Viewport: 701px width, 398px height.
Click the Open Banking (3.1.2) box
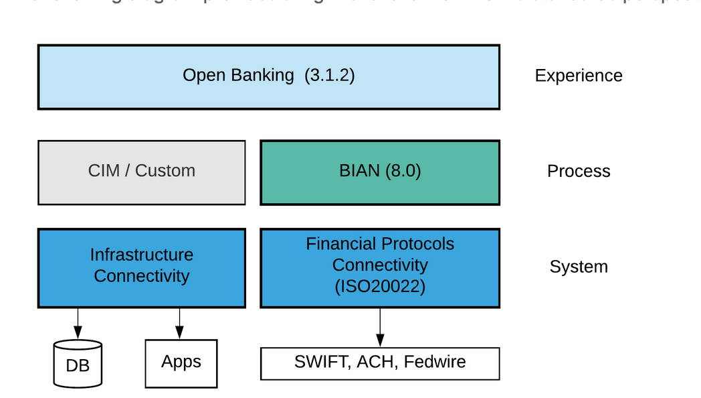(x=268, y=76)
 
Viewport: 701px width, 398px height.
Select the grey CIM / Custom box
(x=141, y=172)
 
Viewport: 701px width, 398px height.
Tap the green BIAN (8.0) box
(x=379, y=172)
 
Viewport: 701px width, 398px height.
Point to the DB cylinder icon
(x=78, y=364)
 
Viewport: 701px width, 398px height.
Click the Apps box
(x=181, y=363)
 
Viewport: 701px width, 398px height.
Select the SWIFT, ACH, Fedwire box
(x=379, y=363)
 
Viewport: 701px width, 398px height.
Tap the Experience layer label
(x=578, y=76)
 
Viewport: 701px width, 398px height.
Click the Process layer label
(x=578, y=172)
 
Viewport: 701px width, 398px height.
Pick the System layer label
(x=578, y=267)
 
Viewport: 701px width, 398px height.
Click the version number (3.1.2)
(x=329, y=75)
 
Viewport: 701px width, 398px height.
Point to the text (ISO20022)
(x=379, y=287)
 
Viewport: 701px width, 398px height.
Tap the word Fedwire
(x=435, y=362)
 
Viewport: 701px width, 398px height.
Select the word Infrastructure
(x=141, y=255)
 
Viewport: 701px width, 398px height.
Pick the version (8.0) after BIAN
(x=403, y=171)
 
